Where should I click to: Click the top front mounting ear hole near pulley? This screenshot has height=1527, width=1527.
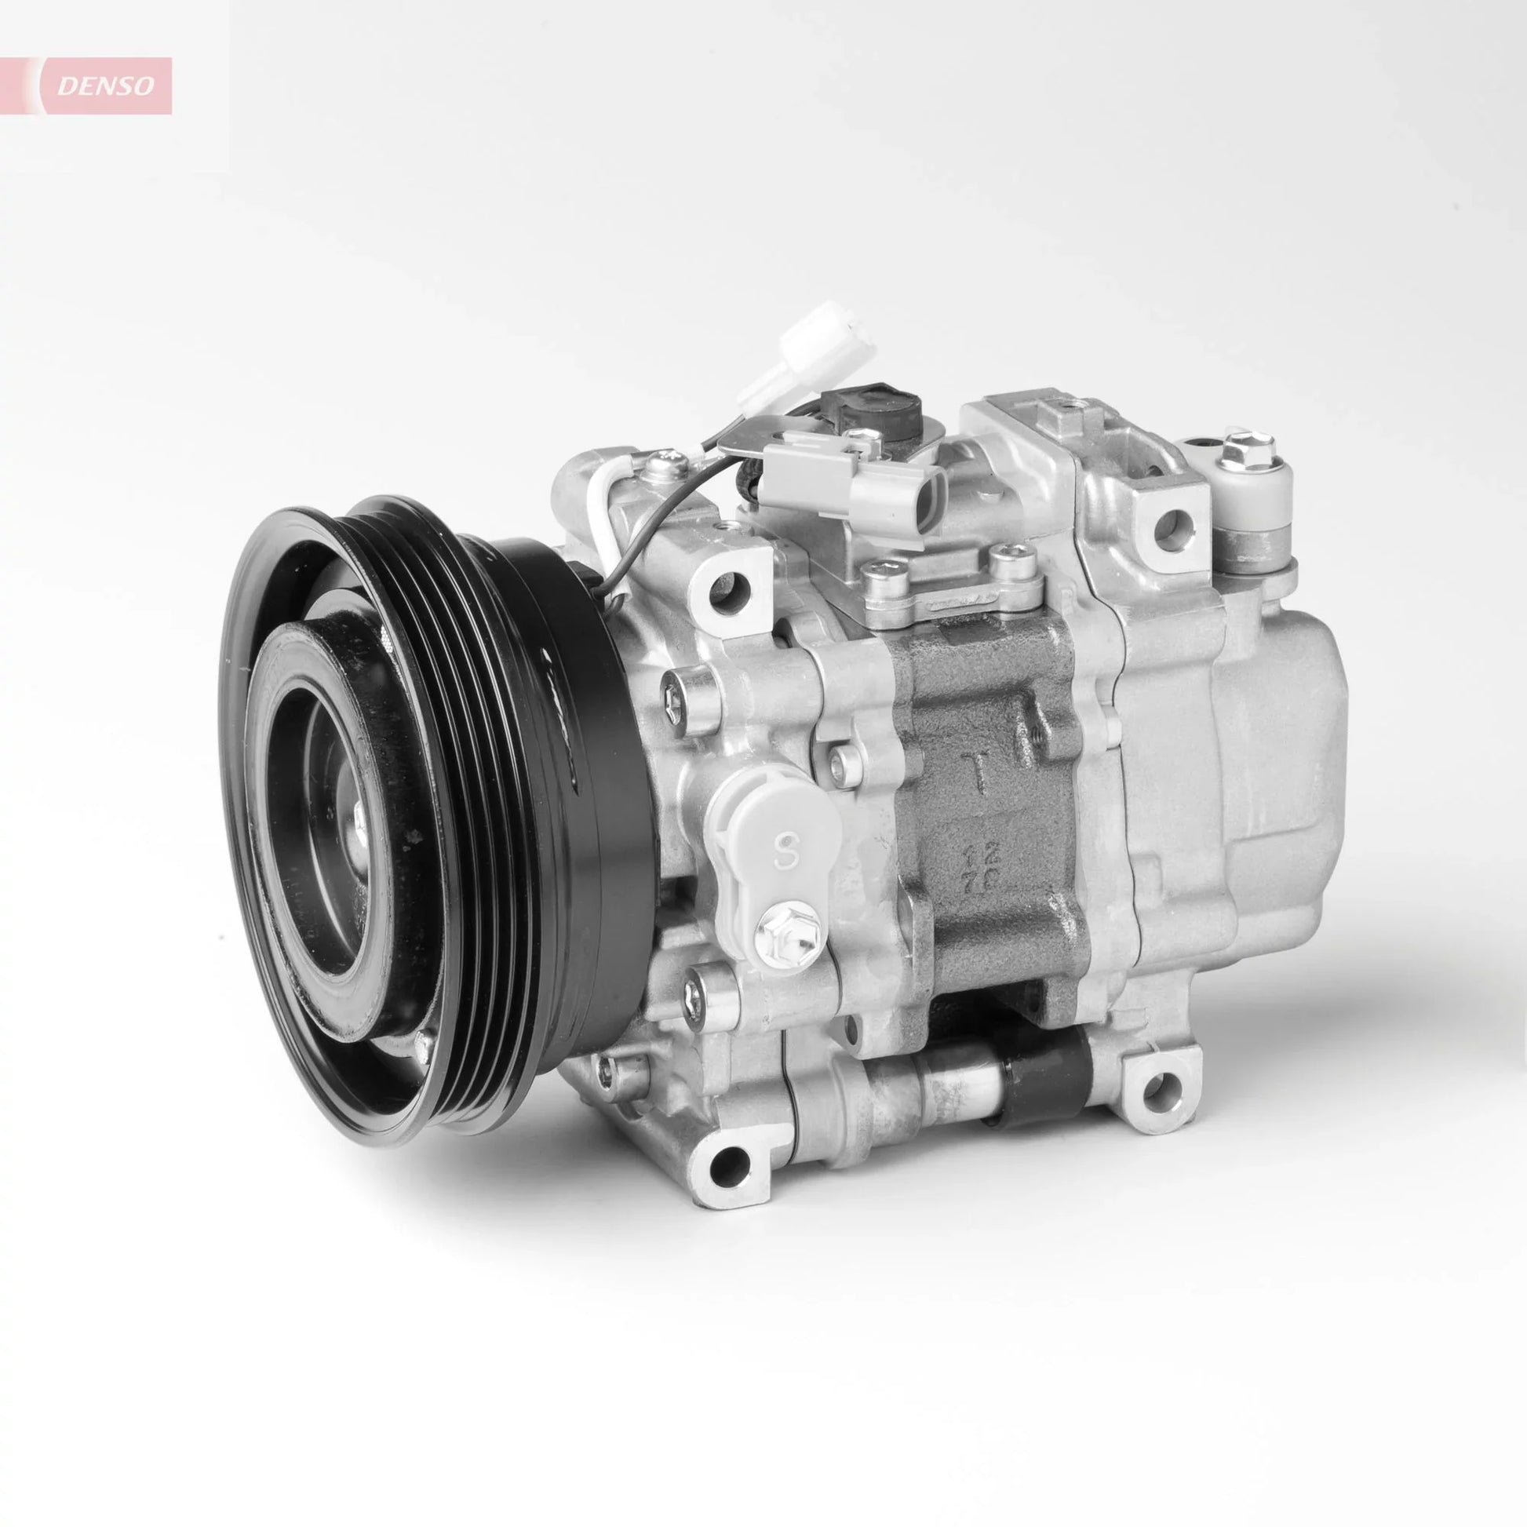720,587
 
